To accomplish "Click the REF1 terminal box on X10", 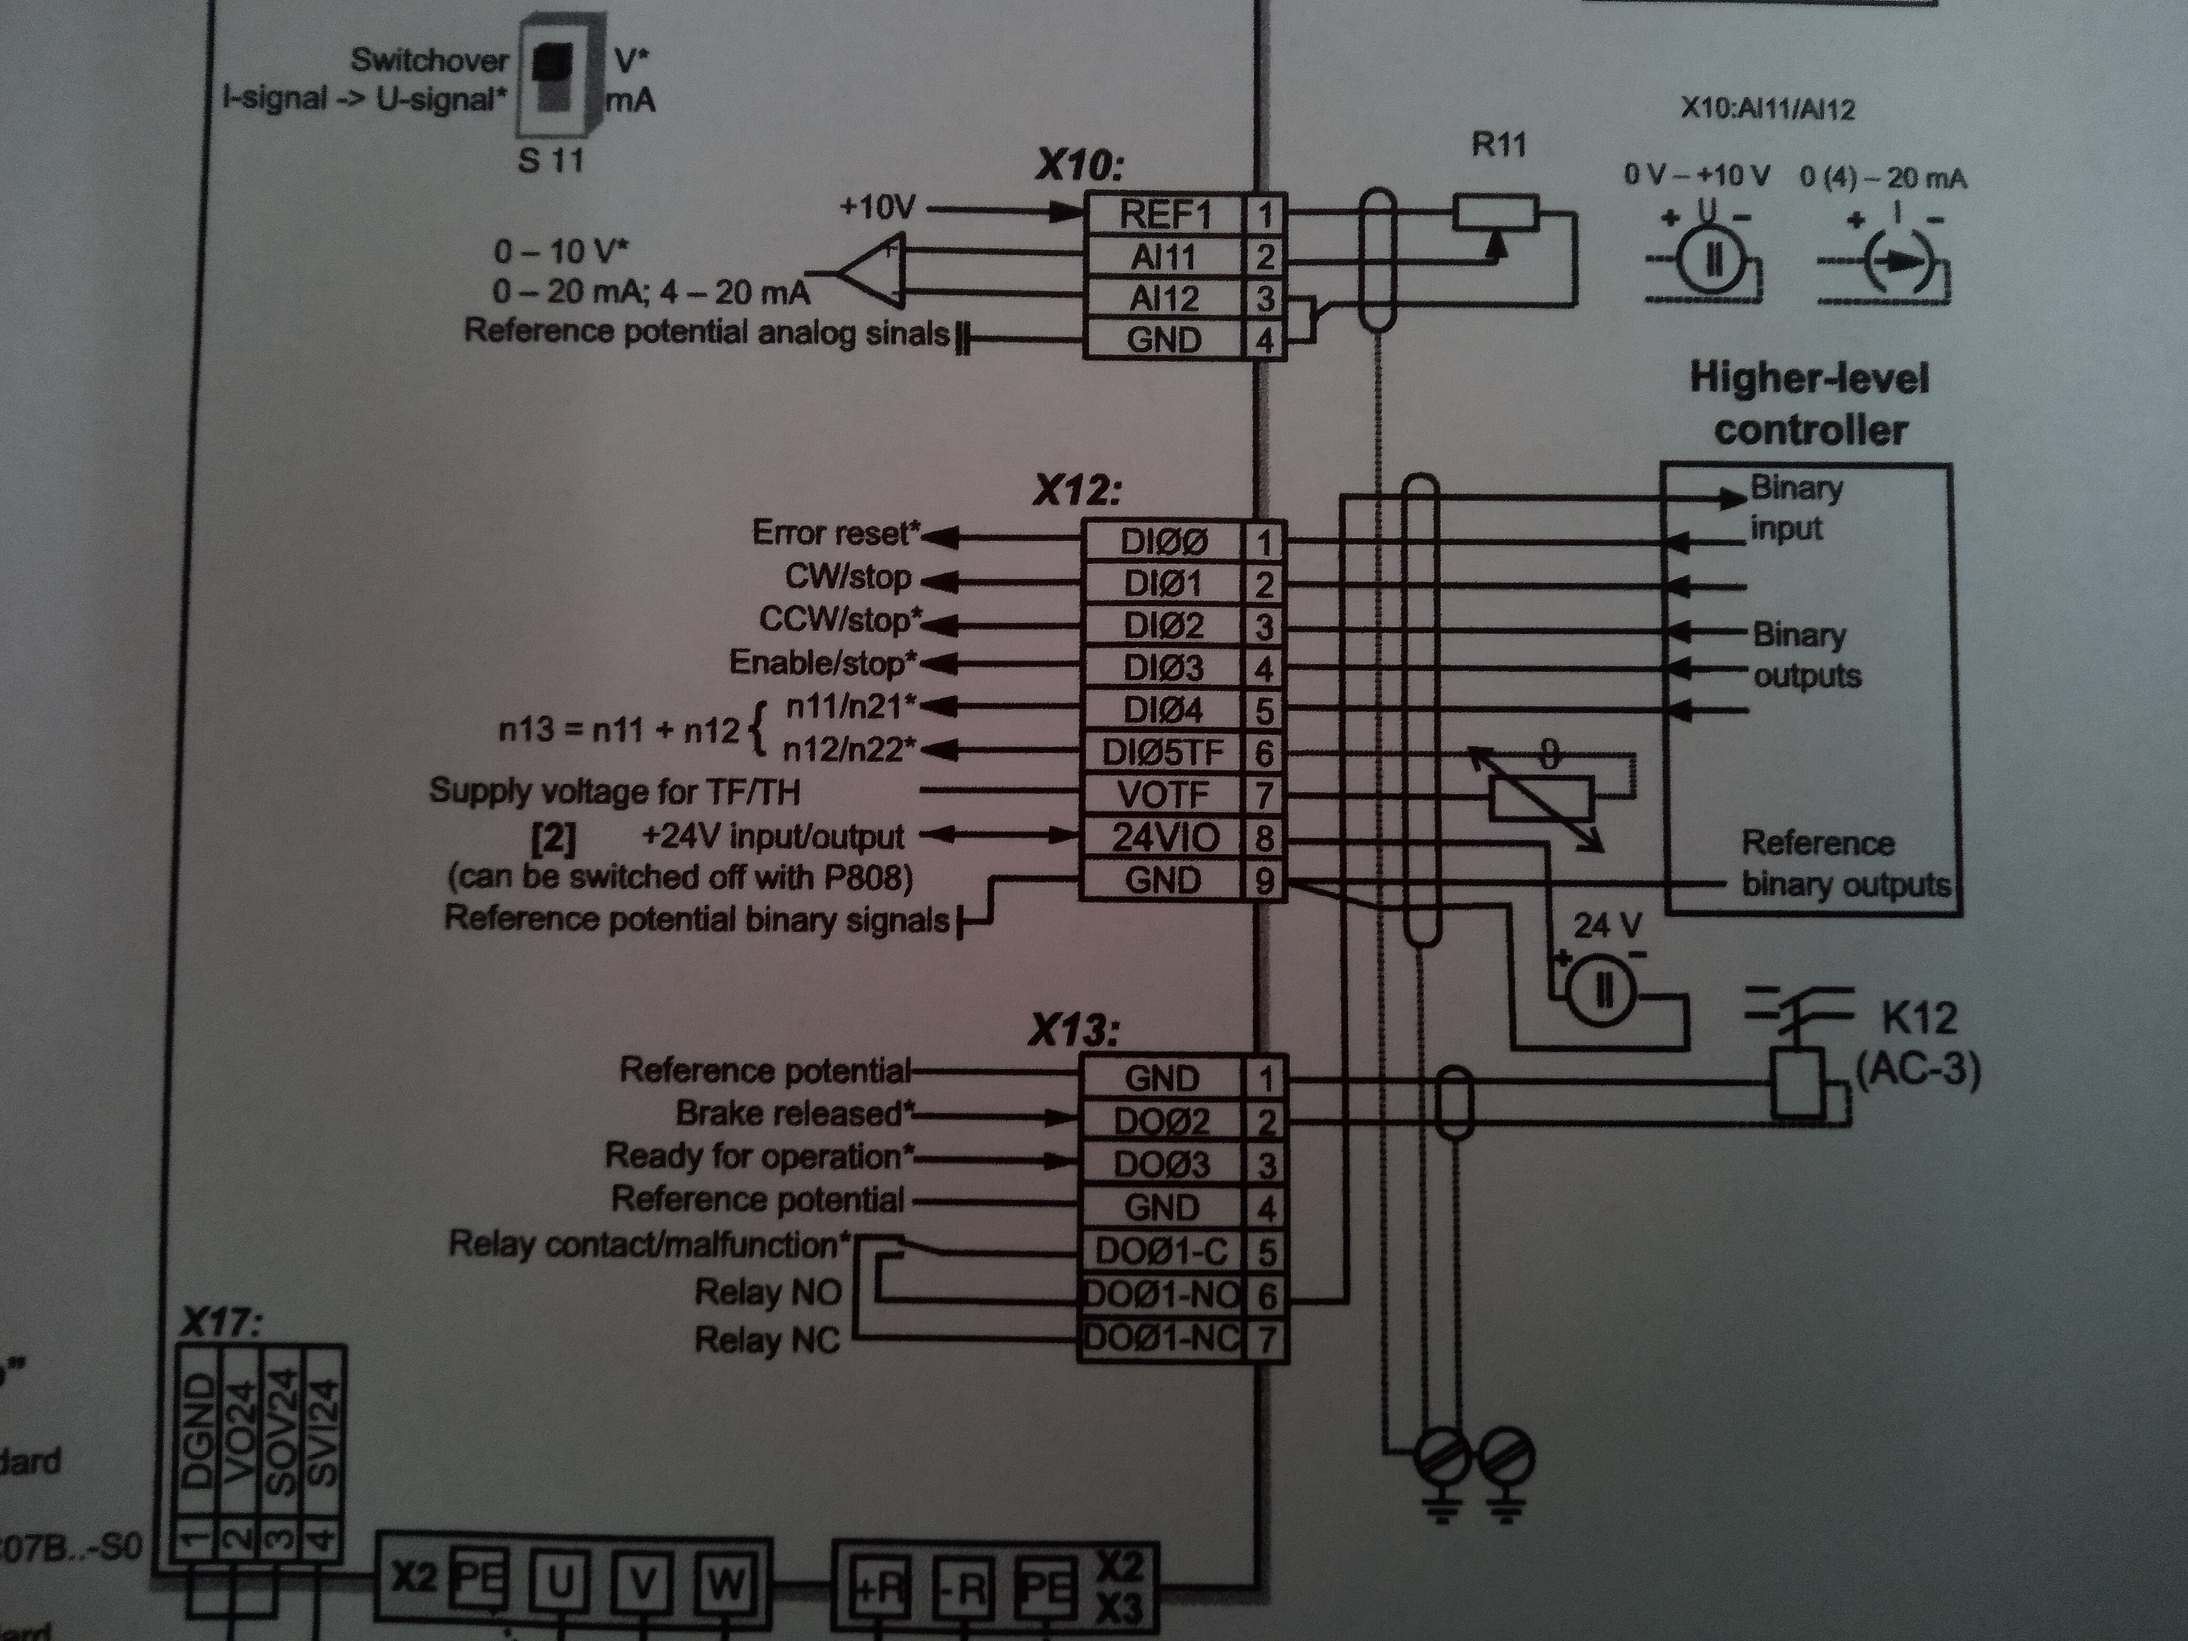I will (1164, 214).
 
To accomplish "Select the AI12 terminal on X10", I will (1164, 298).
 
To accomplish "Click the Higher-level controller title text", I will (1809, 403).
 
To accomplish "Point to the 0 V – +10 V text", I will (1696, 176).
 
